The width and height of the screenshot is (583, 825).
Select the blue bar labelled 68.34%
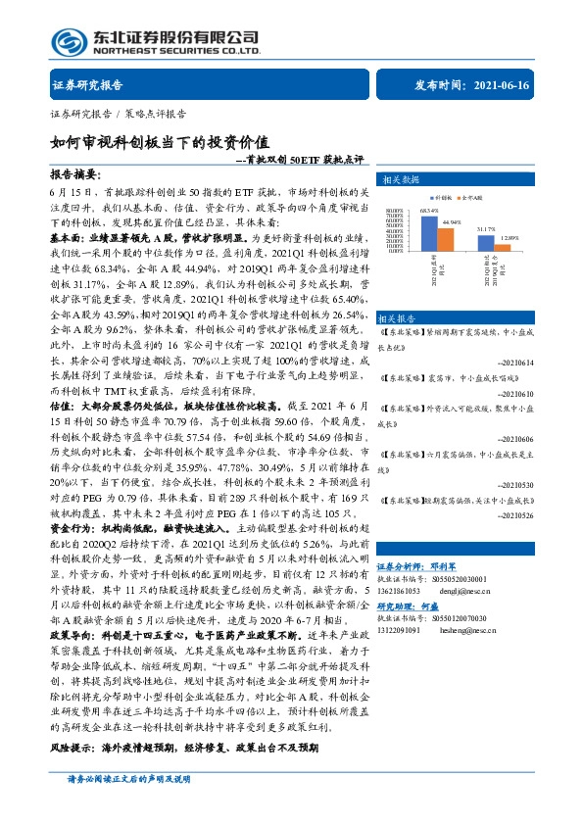428,233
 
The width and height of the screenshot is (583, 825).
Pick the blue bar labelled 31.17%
487,245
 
